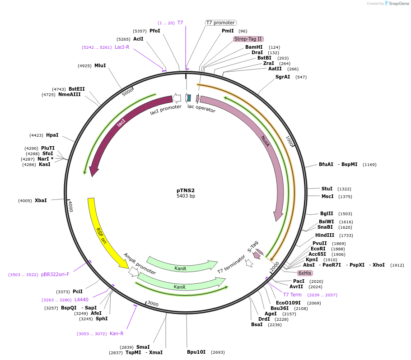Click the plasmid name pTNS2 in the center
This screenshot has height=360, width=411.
coord(186,190)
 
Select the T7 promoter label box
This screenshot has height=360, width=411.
coord(220,23)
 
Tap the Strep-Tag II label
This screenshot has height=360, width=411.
coord(248,39)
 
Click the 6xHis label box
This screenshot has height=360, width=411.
coord(304,273)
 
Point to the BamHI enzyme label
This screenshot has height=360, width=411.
coord(254,47)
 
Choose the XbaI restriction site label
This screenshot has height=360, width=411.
coord(41,200)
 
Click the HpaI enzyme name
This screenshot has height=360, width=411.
coord(52,135)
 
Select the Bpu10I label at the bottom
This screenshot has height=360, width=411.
coord(196,352)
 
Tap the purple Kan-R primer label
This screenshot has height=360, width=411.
coord(117,333)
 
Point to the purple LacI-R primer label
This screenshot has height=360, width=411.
coord(122,47)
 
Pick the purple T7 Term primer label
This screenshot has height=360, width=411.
coord(292,295)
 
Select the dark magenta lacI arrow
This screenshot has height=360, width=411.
coord(121,124)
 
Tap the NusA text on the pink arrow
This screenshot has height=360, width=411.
coord(265,141)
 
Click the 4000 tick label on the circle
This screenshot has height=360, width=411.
coord(70,206)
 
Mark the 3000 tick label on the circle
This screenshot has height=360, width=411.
coord(153,304)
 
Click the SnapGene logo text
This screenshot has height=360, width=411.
coord(397,4)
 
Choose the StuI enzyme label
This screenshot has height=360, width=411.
coord(327,189)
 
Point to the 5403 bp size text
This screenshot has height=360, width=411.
coord(186,196)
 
